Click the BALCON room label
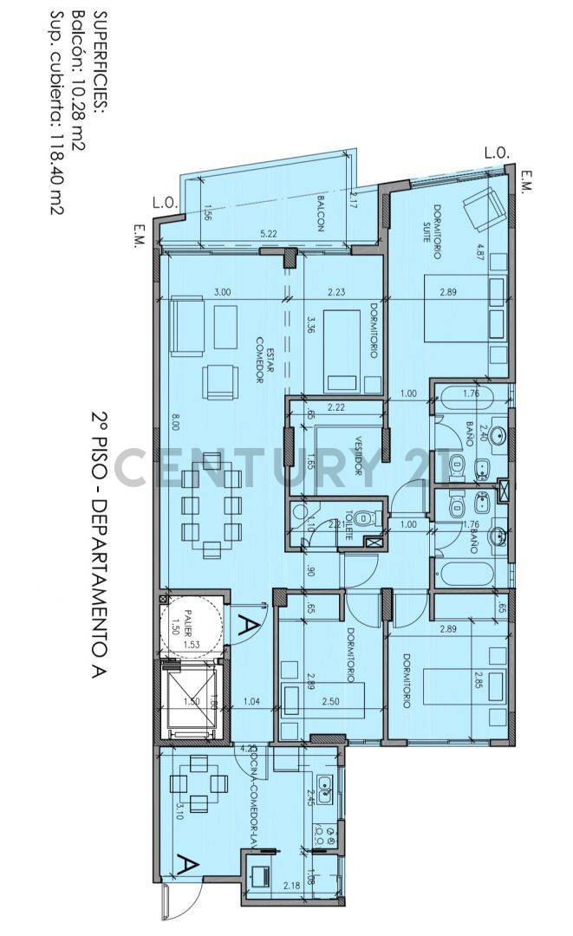pyautogui.click(x=320, y=212)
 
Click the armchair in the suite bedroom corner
pyautogui.click(x=482, y=208)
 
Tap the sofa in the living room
pyautogui.click(x=187, y=326)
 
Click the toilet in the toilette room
pyautogui.click(x=367, y=518)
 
